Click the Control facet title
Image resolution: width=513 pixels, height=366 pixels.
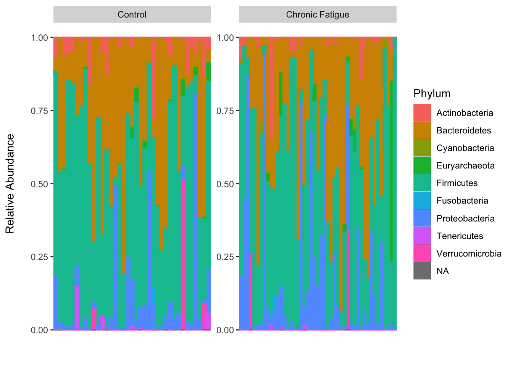pos(132,14)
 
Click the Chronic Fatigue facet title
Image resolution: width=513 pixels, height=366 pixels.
pos(318,14)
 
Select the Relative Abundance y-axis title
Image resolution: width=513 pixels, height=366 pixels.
pos(10,183)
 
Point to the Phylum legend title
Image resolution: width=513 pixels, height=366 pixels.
pos(432,93)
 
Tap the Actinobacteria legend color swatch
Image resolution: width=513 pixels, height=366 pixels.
pos(422,113)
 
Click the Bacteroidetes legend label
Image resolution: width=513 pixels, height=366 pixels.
pos(463,130)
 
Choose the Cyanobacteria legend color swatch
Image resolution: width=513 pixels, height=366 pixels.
pos(422,148)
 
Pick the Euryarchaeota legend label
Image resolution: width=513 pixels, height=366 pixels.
pos(465,165)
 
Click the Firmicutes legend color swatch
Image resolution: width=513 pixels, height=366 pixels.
pos(422,183)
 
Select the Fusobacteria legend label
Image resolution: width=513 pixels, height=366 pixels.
pos(462,201)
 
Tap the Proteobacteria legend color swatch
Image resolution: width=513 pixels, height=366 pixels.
pos(422,218)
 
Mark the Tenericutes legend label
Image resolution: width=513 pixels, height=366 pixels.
pos(460,236)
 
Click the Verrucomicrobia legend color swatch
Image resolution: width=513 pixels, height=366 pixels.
pos(422,254)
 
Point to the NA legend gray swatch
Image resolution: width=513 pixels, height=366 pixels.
pos(422,271)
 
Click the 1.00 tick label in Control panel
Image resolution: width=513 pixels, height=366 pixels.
pos(39,37)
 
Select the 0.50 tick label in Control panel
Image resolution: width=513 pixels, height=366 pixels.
pos(39,184)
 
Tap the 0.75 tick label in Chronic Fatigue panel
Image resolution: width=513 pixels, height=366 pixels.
pos(225,111)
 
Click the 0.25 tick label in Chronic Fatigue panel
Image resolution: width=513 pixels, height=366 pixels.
pos(225,257)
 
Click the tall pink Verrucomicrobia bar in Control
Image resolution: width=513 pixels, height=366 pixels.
pos(183,255)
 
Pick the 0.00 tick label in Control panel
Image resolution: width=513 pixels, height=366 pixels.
pos(39,330)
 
